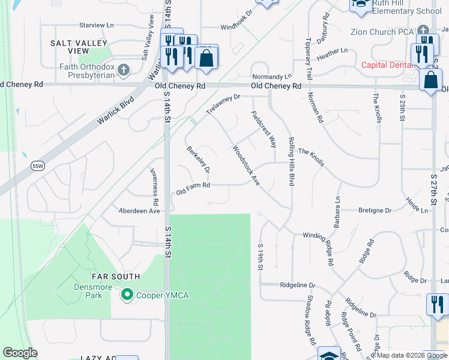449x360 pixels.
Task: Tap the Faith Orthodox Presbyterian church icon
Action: [x=124, y=70]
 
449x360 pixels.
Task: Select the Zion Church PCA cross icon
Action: [x=423, y=30]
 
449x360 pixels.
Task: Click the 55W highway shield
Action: [x=38, y=166]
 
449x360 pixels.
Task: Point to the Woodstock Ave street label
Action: [x=246, y=164]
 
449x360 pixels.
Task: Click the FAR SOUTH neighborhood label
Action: [x=116, y=277]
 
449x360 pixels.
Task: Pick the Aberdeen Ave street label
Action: [x=139, y=211]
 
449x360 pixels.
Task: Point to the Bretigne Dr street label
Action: [x=375, y=211]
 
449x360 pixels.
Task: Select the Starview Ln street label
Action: [x=97, y=26]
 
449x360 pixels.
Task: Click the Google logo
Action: [x=20, y=353]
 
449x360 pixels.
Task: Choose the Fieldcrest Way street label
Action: [x=264, y=129]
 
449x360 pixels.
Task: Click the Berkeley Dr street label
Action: [x=198, y=159]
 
